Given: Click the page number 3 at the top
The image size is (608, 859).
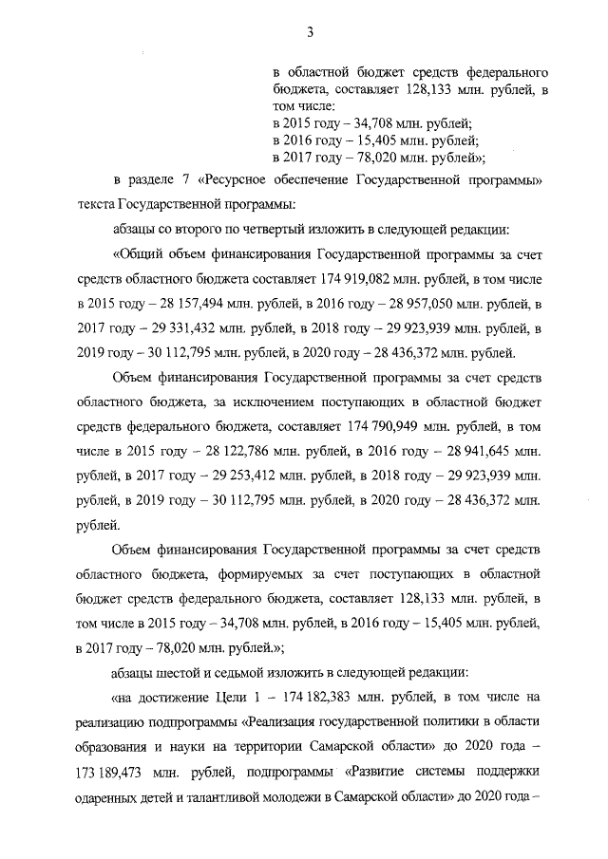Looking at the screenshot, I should (x=310, y=34).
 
